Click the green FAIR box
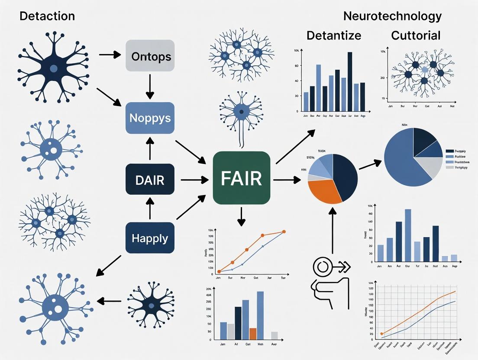[242, 178]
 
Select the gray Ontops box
[150, 56]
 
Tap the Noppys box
[150, 118]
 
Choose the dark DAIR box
[150, 179]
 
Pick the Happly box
[150, 238]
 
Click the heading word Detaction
[47, 16]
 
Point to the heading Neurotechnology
[392, 16]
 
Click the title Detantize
[333, 35]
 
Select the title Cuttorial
[416, 35]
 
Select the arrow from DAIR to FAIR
[193, 179]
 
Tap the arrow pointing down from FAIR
[242, 216]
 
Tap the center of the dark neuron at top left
[53, 68]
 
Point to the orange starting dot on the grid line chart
[381, 334]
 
